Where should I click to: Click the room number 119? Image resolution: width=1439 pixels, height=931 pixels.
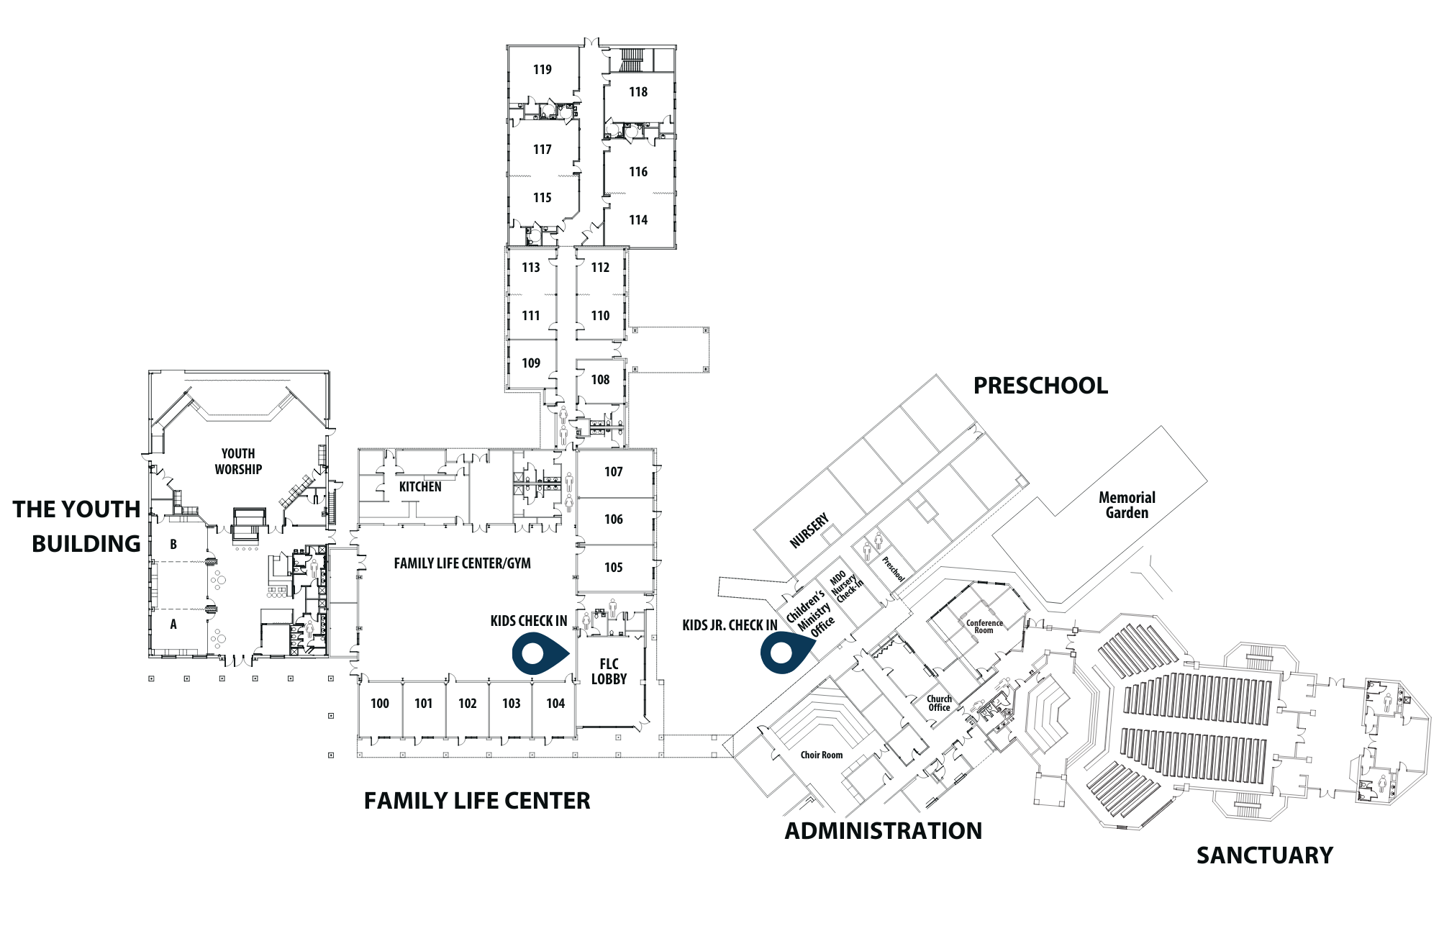click(x=543, y=70)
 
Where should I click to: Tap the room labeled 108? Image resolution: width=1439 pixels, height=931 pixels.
click(x=600, y=380)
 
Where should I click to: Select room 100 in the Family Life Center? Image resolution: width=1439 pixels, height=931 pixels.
click(x=380, y=704)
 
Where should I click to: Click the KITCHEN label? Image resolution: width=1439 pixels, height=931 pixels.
click(x=420, y=487)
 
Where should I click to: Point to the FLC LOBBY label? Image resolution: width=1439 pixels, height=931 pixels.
click(x=609, y=671)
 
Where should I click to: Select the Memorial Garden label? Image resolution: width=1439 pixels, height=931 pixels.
click(x=1127, y=505)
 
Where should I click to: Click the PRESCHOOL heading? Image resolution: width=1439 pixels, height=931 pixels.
click(x=1040, y=386)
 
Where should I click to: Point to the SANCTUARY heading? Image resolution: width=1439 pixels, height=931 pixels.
click(x=1265, y=855)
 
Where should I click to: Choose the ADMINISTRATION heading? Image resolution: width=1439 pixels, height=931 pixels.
click(x=884, y=831)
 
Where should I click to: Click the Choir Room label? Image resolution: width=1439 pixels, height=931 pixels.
click(x=822, y=755)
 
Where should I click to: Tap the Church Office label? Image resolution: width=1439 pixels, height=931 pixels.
click(x=939, y=703)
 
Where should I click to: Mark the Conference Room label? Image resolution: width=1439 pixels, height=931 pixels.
click(x=984, y=627)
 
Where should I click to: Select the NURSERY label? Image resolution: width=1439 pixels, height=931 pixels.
click(x=809, y=531)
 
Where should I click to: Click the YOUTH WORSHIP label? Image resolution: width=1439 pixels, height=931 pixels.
click(x=238, y=461)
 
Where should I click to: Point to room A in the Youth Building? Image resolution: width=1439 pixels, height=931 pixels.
click(x=173, y=625)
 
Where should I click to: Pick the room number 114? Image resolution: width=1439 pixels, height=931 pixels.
click(x=638, y=220)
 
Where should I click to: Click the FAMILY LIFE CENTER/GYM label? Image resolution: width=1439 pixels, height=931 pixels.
click(x=463, y=563)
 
